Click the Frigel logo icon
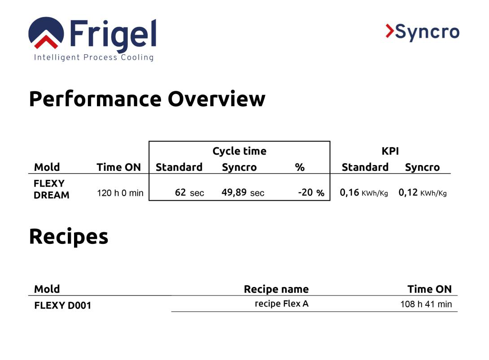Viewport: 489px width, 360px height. point(46,33)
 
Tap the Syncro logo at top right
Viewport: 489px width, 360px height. point(422,32)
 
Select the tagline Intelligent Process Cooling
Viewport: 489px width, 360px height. point(94,57)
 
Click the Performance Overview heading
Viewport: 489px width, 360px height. point(147,99)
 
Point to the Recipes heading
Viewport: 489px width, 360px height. point(69,236)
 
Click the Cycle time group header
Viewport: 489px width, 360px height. point(239,151)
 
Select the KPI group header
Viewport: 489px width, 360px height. point(390,151)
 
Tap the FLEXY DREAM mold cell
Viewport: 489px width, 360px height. point(51,189)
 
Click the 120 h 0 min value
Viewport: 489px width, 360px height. point(120,193)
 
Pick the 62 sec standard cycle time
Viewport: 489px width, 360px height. point(189,193)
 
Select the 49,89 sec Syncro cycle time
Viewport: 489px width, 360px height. point(243,193)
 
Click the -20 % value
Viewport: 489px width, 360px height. point(311,193)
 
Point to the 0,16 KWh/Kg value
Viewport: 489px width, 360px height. point(363,193)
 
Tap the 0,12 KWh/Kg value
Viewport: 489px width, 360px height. point(422,193)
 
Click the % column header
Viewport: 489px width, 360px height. point(300,167)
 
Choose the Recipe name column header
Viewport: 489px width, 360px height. point(276,289)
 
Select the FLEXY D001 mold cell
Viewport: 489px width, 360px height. point(62,305)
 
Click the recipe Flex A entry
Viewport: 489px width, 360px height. point(281,304)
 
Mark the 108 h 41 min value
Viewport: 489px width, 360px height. point(426,304)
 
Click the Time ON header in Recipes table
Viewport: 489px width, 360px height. point(429,289)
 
